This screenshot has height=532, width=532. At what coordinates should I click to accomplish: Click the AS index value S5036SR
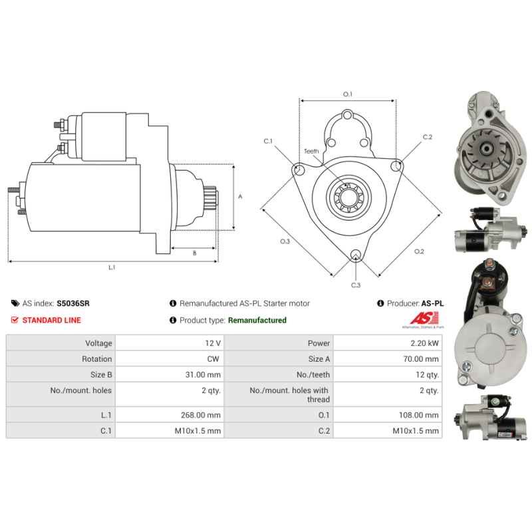pos(73,303)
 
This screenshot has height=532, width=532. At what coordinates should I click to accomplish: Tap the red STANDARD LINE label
pos(51,320)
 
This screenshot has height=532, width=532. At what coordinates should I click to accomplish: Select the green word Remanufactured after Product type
pos(257,320)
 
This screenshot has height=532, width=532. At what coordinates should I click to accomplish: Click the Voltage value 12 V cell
pos(213,343)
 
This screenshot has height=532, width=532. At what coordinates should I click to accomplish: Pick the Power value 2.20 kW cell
pos(424,343)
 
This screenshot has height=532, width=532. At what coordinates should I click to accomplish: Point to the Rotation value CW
pos(214,359)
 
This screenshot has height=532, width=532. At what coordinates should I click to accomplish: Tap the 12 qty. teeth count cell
pos(426,375)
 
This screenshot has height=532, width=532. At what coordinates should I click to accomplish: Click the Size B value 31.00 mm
pos(203,375)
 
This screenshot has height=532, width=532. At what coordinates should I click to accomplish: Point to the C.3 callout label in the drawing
pos(356,285)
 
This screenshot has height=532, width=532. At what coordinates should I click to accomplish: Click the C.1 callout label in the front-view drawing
pos(268,141)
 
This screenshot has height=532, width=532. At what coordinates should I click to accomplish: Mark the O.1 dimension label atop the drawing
pos(347,94)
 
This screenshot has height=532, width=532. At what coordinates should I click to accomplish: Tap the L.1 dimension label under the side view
pos(112,267)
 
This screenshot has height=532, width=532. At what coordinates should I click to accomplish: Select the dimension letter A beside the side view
pos(240,197)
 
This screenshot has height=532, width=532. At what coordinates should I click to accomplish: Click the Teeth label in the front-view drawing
pos(311,152)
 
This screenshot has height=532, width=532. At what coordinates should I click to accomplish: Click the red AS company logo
pos(423,319)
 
